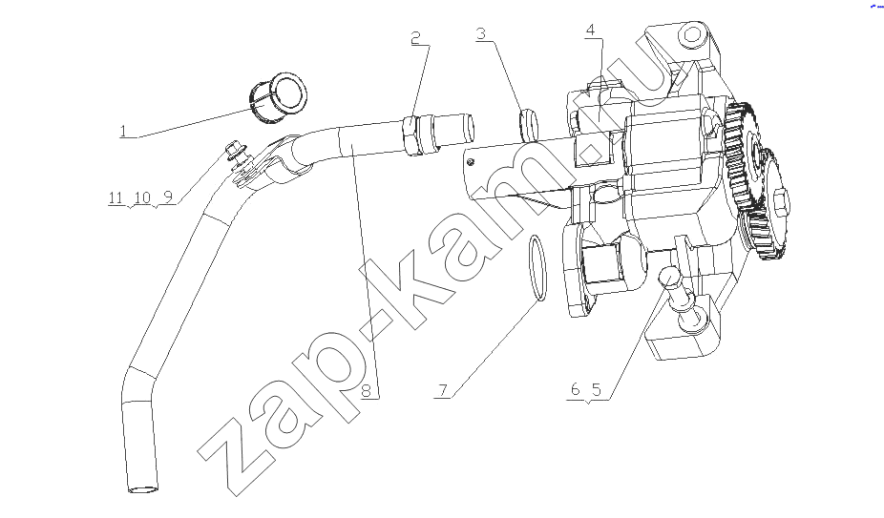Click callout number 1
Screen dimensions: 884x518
(123, 132)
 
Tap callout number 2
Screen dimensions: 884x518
(415, 38)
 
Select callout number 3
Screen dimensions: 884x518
(480, 33)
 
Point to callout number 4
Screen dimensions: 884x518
(590, 30)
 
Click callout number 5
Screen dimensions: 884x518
(597, 389)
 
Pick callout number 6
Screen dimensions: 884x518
(575, 389)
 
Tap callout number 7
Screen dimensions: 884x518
(443, 390)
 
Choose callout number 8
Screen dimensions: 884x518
(366, 390)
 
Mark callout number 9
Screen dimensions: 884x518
(167, 197)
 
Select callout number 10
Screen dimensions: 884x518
(142, 197)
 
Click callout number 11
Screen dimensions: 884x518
(116, 197)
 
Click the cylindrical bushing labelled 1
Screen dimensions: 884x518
(278, 97)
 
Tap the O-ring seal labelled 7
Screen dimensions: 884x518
(537, 269)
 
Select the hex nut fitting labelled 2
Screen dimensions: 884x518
(412, 135)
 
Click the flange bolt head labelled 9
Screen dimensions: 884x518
(232, 150)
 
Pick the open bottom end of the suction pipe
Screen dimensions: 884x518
(142, 487)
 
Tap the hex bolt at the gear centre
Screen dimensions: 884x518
(782, 201)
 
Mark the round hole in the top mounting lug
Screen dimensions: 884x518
(693, 38)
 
